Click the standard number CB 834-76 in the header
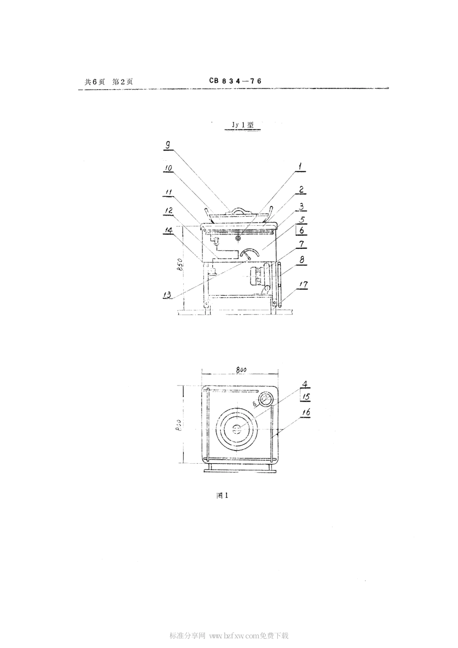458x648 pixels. tap(235, 82)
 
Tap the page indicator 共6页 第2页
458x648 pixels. tap(108, 82)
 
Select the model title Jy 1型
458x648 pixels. tap(242, 124)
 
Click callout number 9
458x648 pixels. tap(167, 144)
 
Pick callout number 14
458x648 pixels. tap(169, 231)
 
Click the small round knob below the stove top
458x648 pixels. tap(238, 238)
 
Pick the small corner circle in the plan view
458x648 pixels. tap(265, 400)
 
